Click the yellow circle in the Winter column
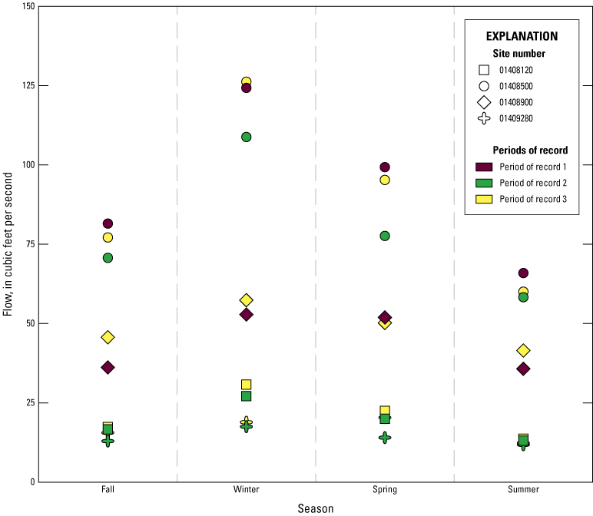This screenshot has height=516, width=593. (247, 81)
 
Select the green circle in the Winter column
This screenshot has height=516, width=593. (247, 137)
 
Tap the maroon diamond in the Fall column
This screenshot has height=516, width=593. (108, 368)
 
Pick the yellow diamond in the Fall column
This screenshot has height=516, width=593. (108, 337)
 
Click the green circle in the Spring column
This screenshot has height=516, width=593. (385, 236)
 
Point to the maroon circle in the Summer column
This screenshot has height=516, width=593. (523, 273)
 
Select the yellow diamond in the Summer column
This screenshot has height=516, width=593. (523, 350)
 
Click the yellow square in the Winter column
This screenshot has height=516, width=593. (247, 385)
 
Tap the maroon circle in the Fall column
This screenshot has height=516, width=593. (108, 223)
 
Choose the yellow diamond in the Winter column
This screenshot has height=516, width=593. (247, 300)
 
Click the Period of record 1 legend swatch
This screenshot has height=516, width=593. (484, 167)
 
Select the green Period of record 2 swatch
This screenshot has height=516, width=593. (484, 183)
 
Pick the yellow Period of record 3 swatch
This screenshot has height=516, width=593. (484, 199)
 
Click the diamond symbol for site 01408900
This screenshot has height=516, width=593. (484, 102)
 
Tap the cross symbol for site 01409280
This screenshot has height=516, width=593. (484, 118)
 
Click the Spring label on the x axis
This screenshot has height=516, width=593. (385, 490)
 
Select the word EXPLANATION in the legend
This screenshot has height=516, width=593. (522, 36)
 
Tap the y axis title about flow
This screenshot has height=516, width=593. (8, 244)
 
